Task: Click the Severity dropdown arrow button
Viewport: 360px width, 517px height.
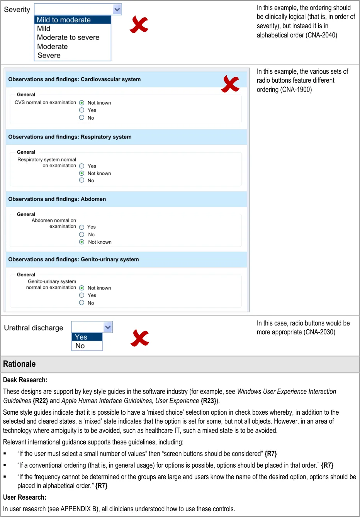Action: [x=117, y=9]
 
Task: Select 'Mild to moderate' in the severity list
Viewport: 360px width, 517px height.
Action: [x=64, y=20]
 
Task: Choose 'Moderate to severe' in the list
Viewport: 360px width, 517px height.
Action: [x=68, y=37]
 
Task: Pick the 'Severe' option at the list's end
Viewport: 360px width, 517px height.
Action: [x=49, y=55]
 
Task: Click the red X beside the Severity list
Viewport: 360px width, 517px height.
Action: [x=139, y=25]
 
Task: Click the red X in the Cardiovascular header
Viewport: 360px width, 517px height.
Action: [x=230, y=83]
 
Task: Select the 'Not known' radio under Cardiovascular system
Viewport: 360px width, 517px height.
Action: [x=82, y=103]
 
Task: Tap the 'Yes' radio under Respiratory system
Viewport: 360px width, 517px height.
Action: [x=82, y=166]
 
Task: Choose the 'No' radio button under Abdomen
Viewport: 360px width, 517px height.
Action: [x=82, y=234]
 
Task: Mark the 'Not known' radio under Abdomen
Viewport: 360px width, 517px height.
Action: [x=82, y=242]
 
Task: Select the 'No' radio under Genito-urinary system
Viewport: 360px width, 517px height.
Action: [x=82, y=303]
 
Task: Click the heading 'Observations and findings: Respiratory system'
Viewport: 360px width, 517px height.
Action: [x=70, y=137]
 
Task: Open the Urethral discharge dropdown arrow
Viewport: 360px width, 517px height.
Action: [x=108, y=327]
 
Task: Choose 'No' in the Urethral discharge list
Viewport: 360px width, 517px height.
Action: [x=80, y=346]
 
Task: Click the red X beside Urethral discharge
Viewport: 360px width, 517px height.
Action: [x=140, y=338]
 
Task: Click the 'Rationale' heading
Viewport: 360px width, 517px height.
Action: [x=19, y=364]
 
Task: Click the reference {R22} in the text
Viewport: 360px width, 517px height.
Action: [x=41, y=401]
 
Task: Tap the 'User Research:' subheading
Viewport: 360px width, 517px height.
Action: [x=25, y=497]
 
